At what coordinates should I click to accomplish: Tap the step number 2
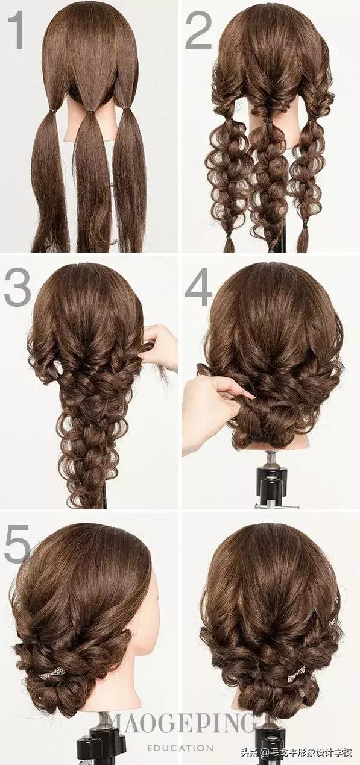(x=199, y=30)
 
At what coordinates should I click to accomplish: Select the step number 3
(x=17, y=287)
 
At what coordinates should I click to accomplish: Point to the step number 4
(x=198, y=287)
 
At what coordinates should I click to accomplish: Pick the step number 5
(x=17, y=544)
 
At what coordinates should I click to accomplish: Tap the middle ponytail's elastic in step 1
(x=90, y=111)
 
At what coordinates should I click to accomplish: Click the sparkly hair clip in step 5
(x=52, y=664)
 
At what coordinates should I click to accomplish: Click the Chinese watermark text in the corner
(x=297, y=751)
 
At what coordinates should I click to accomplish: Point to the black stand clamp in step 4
(x=271, y=482)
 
